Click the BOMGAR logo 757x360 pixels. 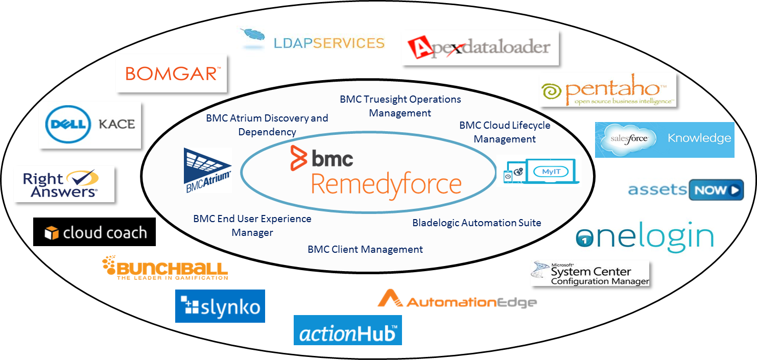pyautogui.click(x=171, y=73)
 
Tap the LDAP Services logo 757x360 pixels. pyautogui.click(x=311, y=39)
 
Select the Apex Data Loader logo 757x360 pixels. pyautogui.click(x=480, y=47)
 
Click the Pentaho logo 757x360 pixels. pyautogui.click(x=607, y=90)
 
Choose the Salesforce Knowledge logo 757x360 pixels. pyautogui.click(x=664, y=139)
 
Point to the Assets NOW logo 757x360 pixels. pyautogui.click(x=685, y=190)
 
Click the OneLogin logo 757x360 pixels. pyautogui.click(x=644, y=237)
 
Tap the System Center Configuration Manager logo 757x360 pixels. pyautogui.click(x=589, y=273)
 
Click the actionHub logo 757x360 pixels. pyautogui.click(x=347, y=330)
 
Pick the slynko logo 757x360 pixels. pyautogui.click(x=220, y=306)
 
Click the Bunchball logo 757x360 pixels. pyautogui.click(x=164, y=268)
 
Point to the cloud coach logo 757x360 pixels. pyautogui.click(x=96, y=233)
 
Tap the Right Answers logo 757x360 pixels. pyautogui.click(x=64, y=184)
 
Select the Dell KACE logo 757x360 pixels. pyautogui.click(x=90, y=125)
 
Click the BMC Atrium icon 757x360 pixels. pyautogui.click(x=207, y=171)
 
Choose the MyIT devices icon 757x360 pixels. pyautogui.click(x=538, y=171)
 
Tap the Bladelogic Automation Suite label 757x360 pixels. pyautogui.click(x=477, y=223)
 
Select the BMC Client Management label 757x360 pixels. pyautogui.click(x=365, y=249)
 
